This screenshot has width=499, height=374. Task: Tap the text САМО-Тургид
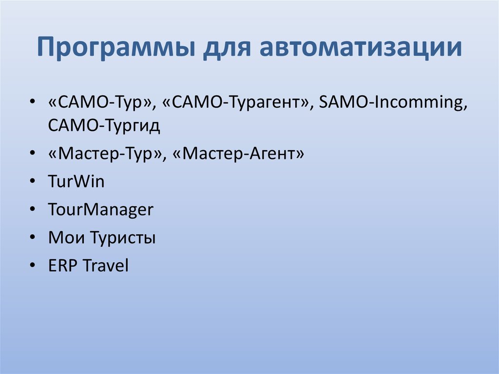(x=104, y=126)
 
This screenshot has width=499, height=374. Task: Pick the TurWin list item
(x=76, y=182)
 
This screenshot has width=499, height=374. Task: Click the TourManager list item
(x=100, y=210)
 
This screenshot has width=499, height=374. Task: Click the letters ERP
(x=63, y=266)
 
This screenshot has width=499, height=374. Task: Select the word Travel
(x=105, y=266)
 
